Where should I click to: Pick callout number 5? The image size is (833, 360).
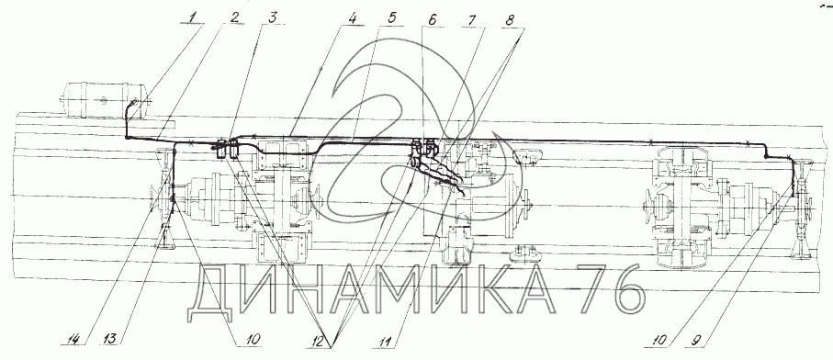click(x=391, y=17)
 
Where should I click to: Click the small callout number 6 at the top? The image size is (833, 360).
click(x=432, y=18)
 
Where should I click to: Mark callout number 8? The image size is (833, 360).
click(x=509, y=19)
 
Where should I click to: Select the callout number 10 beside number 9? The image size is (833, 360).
click(x=655, y=338)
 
